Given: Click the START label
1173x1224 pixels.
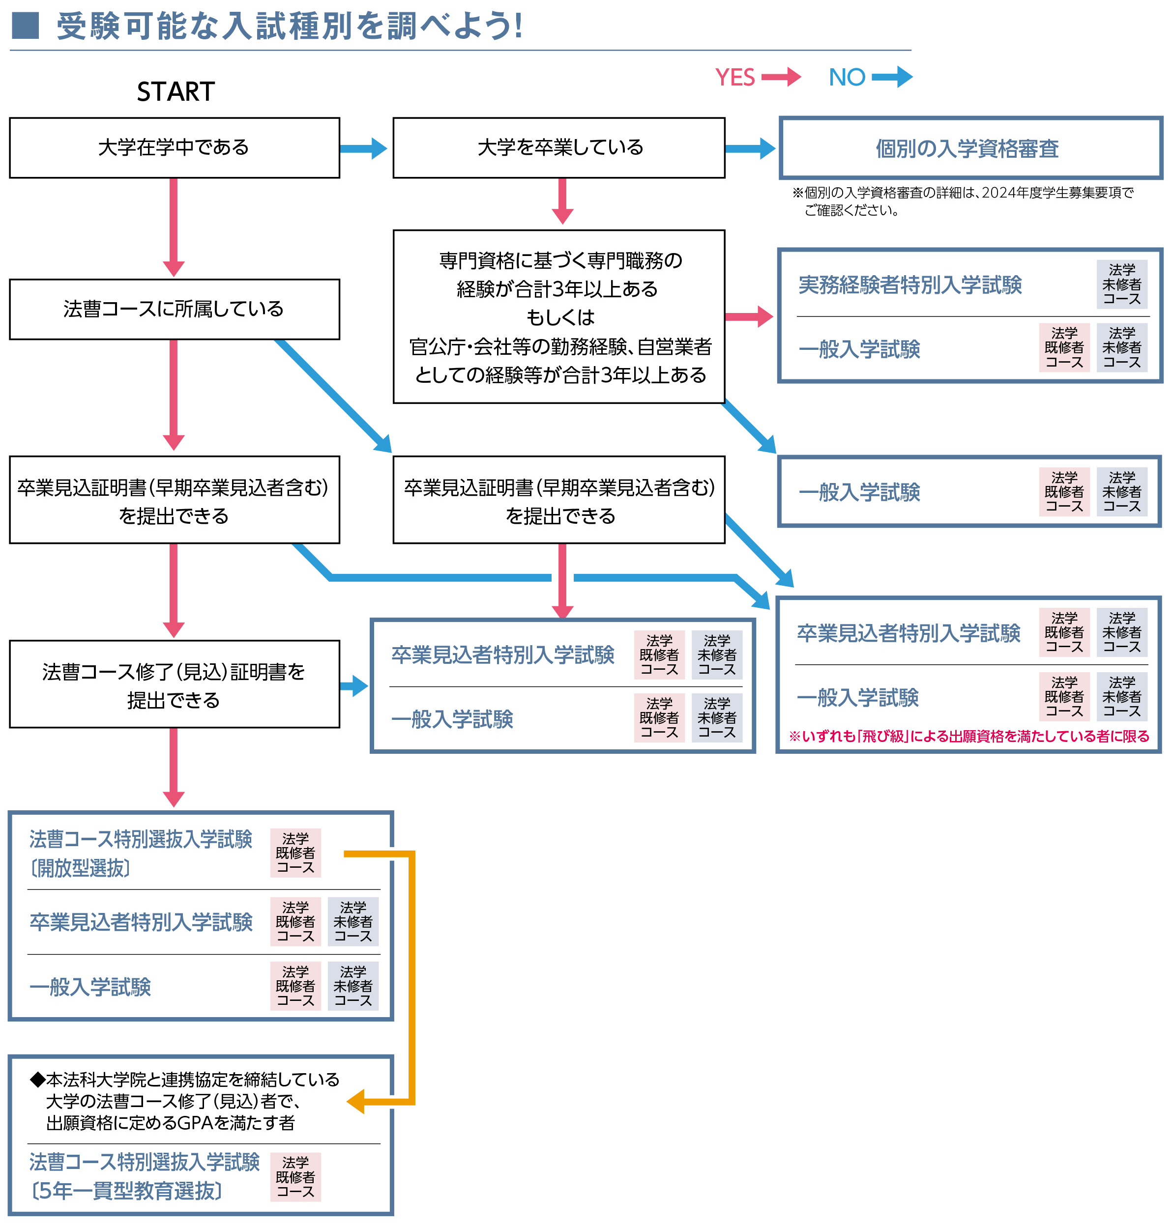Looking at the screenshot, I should (x=176, y=92).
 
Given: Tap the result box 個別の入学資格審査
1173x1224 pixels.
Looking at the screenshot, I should (x=970, y=148).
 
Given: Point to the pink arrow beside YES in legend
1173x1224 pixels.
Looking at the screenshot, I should (x=781, y=77).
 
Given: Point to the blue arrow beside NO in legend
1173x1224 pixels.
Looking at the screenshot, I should (x=892, y=77).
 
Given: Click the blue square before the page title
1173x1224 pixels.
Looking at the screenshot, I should (x=26, y=26).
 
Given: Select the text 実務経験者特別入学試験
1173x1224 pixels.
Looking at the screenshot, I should (x=910, y=285).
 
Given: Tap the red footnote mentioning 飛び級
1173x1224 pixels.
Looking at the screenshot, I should (x=968, y=736).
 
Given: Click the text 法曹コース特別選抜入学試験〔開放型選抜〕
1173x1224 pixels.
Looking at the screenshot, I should (x=141, y=853).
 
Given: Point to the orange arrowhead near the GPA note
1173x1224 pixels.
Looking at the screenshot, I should (x=356, y=1102).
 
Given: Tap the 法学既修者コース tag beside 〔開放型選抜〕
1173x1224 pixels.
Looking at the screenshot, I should (x=295, y=853).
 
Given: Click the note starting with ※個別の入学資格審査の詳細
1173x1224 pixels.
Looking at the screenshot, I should (x=963, y=201).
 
